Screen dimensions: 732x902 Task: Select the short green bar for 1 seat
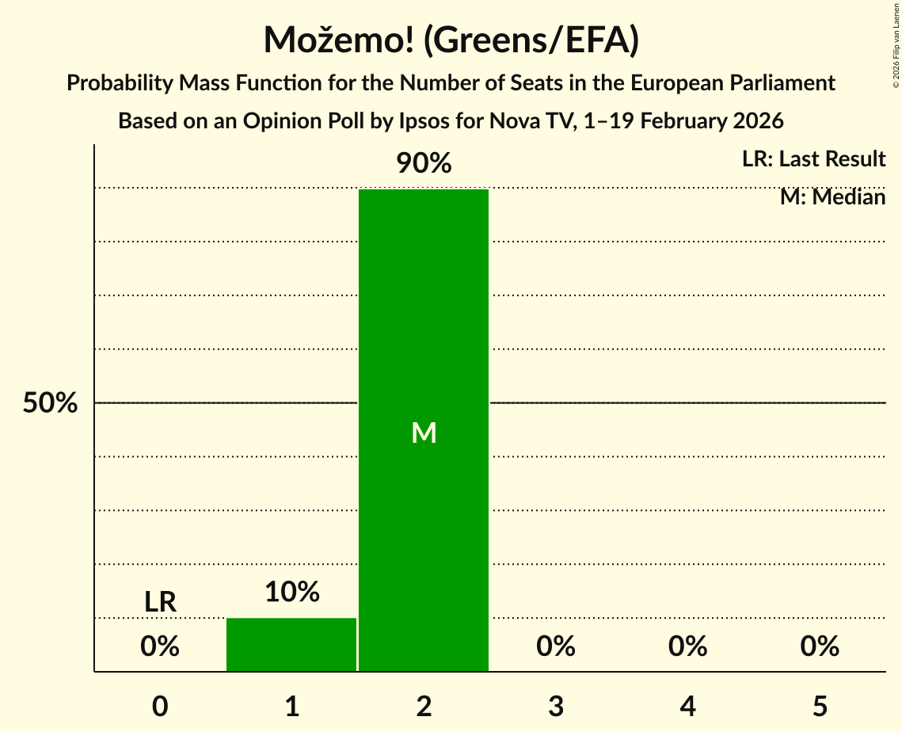[x=291, y=644]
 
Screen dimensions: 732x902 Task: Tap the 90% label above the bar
[x=424, y=164]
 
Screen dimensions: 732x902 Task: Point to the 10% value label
[x=291, y=592]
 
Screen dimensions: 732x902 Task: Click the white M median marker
[x=424, y=433]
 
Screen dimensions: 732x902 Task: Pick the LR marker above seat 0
[x=160, y=602]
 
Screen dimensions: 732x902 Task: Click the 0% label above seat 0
[x=160, y=646]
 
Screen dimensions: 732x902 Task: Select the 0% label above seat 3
[x=556, y=646]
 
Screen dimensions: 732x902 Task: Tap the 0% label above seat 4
[x=687, y=646]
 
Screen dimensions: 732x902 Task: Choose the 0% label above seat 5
[x=820, y=646]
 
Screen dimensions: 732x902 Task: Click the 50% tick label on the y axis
[x=50, y=403]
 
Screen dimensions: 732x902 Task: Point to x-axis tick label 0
[x=160, y=706]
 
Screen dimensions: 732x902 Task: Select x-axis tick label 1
[x=291, y=706]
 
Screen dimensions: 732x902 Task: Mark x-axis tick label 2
[x=424, y=706]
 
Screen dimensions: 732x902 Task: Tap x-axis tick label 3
[x=556, y=706]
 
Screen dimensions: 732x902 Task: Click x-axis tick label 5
[x=820, y=706]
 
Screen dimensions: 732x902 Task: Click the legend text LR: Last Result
[x=813, y=159]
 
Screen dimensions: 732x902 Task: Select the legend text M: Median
[x=832, y=196]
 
